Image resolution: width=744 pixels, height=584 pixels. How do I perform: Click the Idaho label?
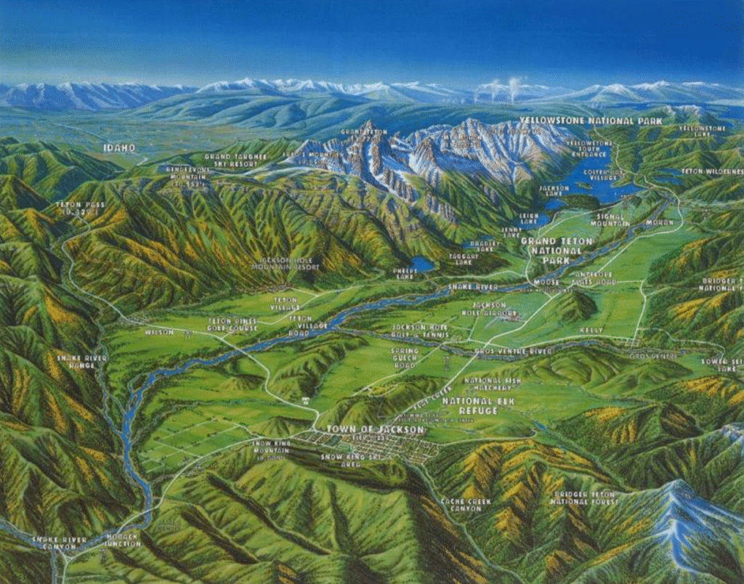pos(119,147)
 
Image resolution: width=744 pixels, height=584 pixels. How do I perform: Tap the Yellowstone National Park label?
pos(591,121)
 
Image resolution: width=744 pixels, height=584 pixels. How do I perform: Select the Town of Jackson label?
pos(374,429)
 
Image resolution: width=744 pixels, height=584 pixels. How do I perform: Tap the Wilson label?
pos(159,332)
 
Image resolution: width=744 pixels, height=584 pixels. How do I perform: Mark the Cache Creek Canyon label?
pos(465,505)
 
